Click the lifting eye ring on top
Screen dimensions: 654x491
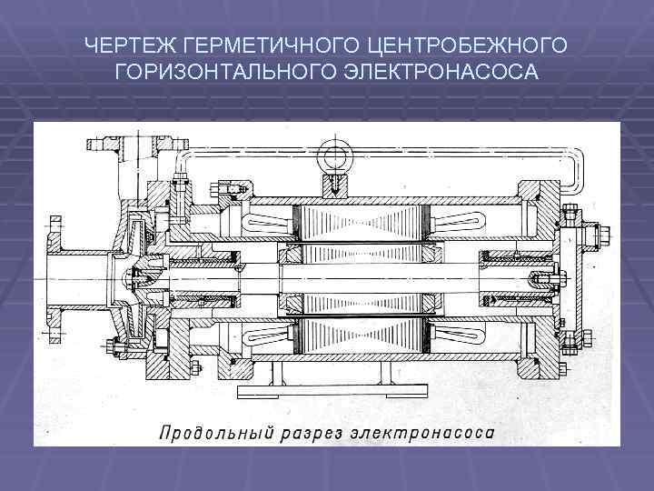pyautogui.click(x=333, y=152)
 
